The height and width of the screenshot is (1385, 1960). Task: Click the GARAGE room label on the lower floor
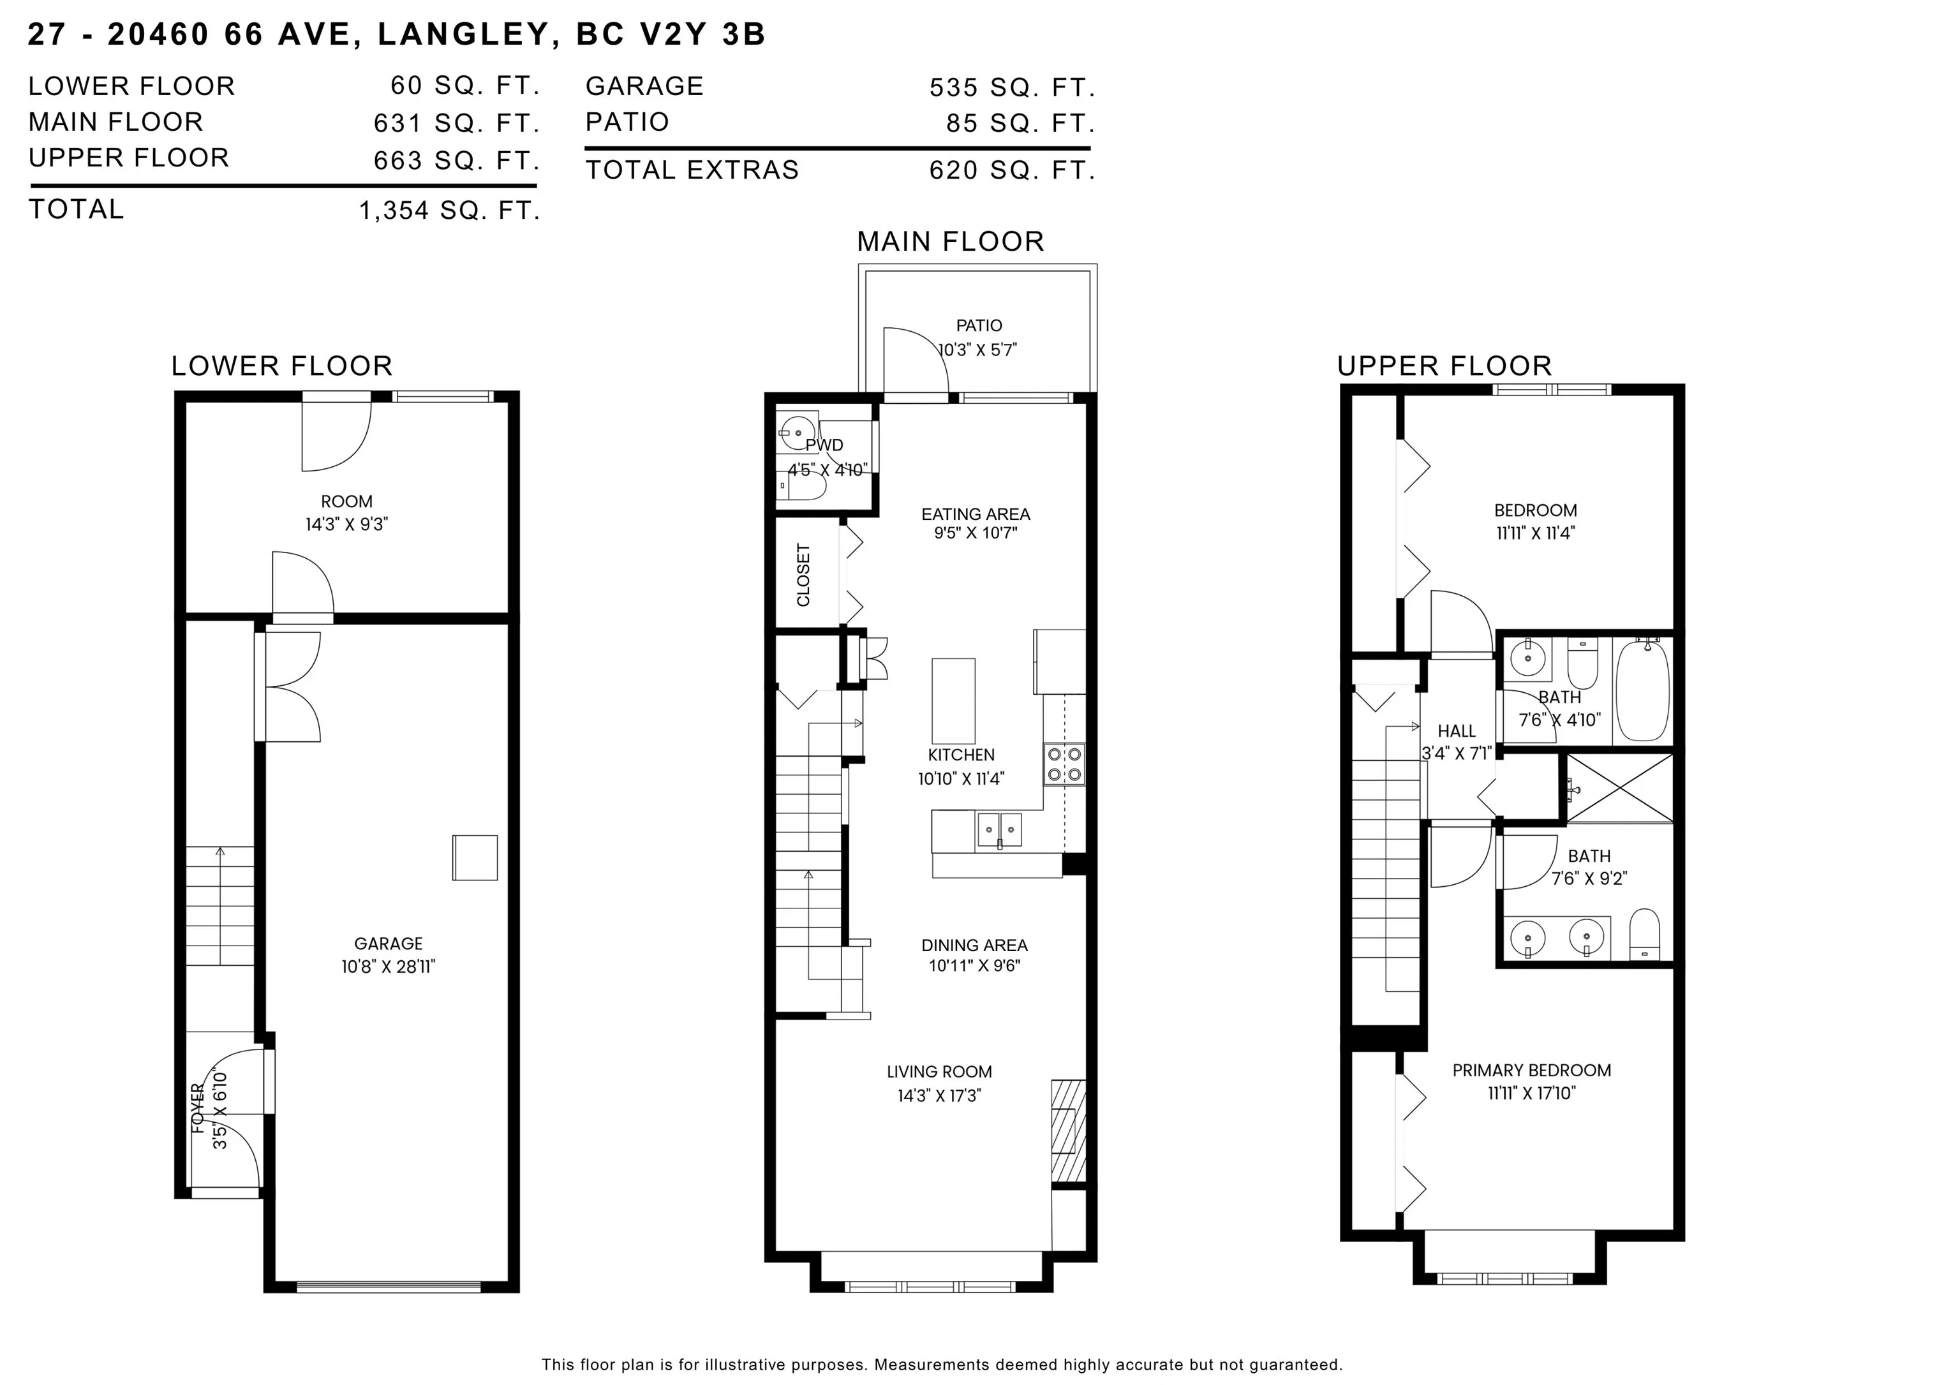(389, 943)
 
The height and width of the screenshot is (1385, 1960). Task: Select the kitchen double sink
(1000, 831)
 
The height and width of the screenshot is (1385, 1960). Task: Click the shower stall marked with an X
(1619, 789)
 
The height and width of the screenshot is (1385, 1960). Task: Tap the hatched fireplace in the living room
(1068, 1130)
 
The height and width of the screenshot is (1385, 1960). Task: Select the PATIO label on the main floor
(979, 325)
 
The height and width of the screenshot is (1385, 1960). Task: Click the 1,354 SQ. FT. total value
(450, 210)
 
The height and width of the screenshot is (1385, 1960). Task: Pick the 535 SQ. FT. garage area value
(1013, 87)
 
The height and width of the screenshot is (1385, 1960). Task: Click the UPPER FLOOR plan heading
(1444, 366)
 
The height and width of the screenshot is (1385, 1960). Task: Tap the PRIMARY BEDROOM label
(1531, 1070)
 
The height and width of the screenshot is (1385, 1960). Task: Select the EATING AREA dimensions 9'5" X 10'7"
(976, 533)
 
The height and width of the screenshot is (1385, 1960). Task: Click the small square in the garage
(475, 857)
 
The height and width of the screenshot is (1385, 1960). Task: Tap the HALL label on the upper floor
(1457, 731)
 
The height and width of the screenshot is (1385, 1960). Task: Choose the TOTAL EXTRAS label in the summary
(692, 170)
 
